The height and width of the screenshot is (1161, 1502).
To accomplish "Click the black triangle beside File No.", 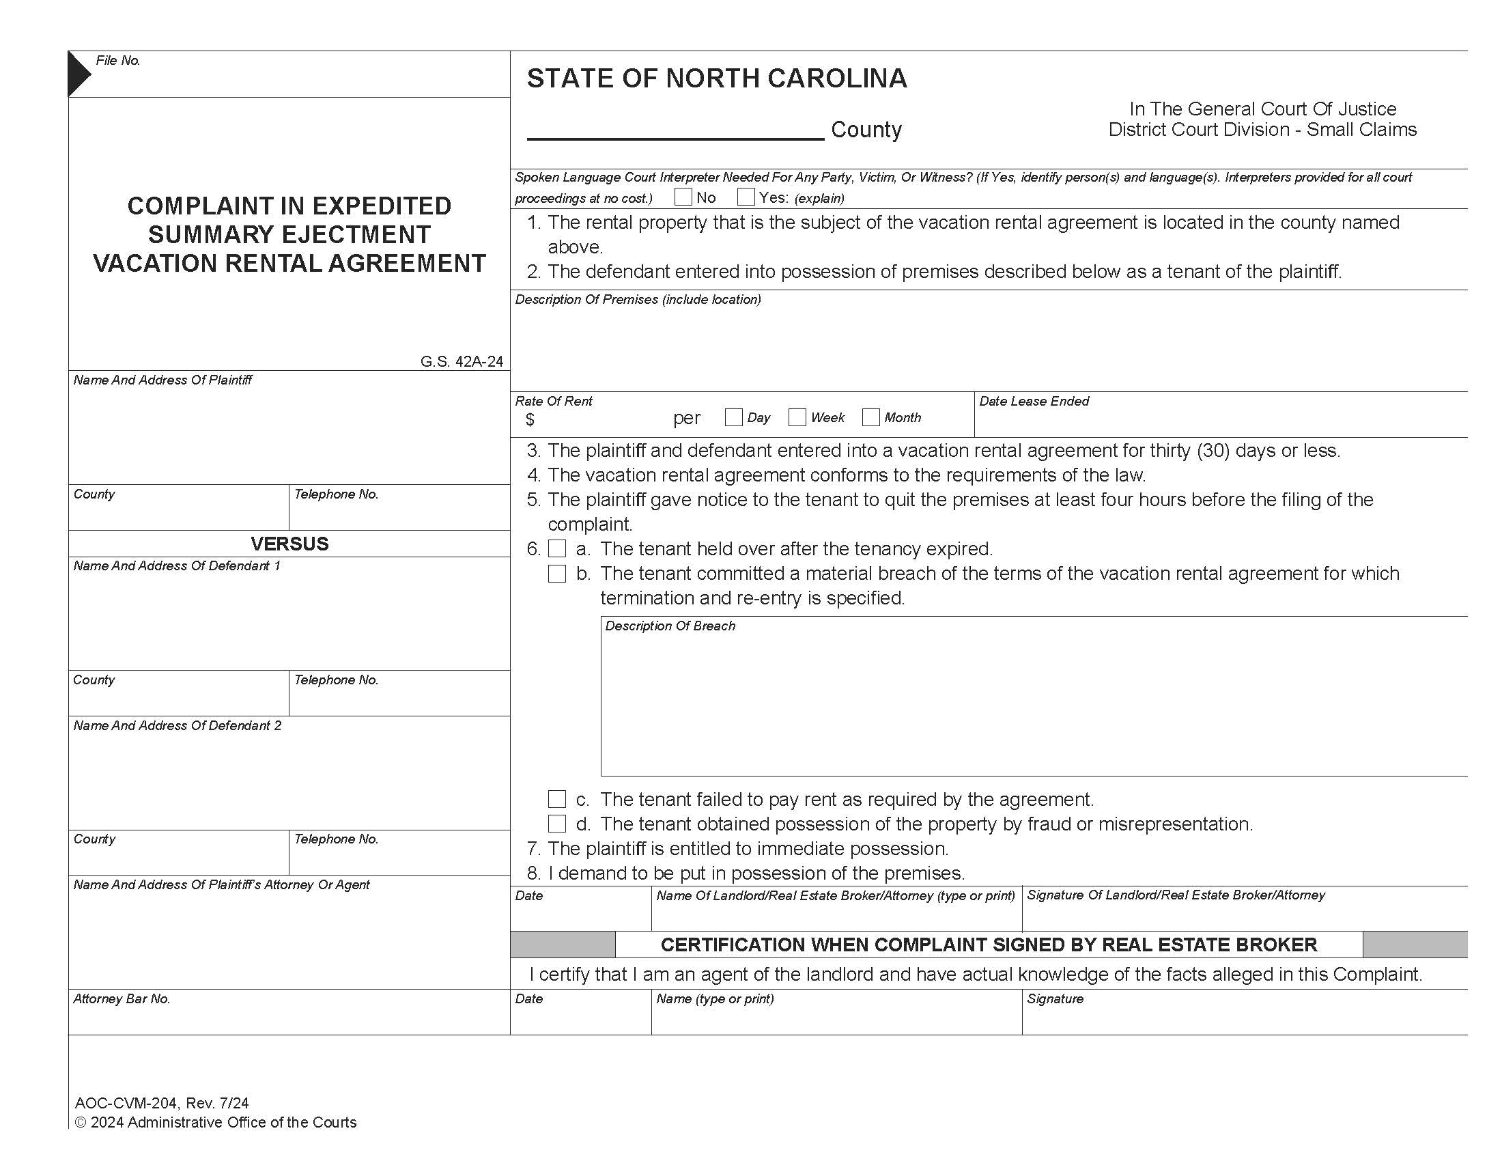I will pos(77,73).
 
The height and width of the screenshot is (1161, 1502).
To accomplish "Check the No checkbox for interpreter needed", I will pos(683,197).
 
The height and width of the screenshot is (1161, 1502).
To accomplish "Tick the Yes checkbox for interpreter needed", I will pos(746,197).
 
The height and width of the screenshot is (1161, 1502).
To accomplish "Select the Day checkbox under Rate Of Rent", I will pos(734,417).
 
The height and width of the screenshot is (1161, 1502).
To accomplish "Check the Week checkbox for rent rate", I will pos(797,417).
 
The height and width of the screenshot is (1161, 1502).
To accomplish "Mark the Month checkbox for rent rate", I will pos(870,417).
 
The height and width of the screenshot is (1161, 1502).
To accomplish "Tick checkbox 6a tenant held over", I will pos(557,548).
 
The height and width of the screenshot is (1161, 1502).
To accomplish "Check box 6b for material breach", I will pos(557,573).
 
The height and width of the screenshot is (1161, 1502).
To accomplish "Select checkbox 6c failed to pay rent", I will pos(557,798).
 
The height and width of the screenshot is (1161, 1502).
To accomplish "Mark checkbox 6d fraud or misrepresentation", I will pos(557,824).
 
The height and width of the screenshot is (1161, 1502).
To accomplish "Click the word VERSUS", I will pos(289,544).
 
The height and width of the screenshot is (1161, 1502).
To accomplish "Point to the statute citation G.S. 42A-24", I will pos(462,361).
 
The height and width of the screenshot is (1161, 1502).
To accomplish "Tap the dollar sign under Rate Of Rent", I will pos(530,419).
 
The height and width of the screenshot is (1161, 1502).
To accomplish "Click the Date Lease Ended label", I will pos(1034,401).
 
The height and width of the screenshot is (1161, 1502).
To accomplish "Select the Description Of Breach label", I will pos(670,626).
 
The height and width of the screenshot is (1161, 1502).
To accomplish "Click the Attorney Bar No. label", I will pos(122,998).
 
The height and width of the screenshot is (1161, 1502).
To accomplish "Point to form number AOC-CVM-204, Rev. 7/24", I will pos(162,1103).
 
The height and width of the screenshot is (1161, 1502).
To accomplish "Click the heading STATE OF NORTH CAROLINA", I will pos(717,79).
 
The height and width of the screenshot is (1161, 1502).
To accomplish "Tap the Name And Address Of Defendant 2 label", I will pos(178,725).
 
